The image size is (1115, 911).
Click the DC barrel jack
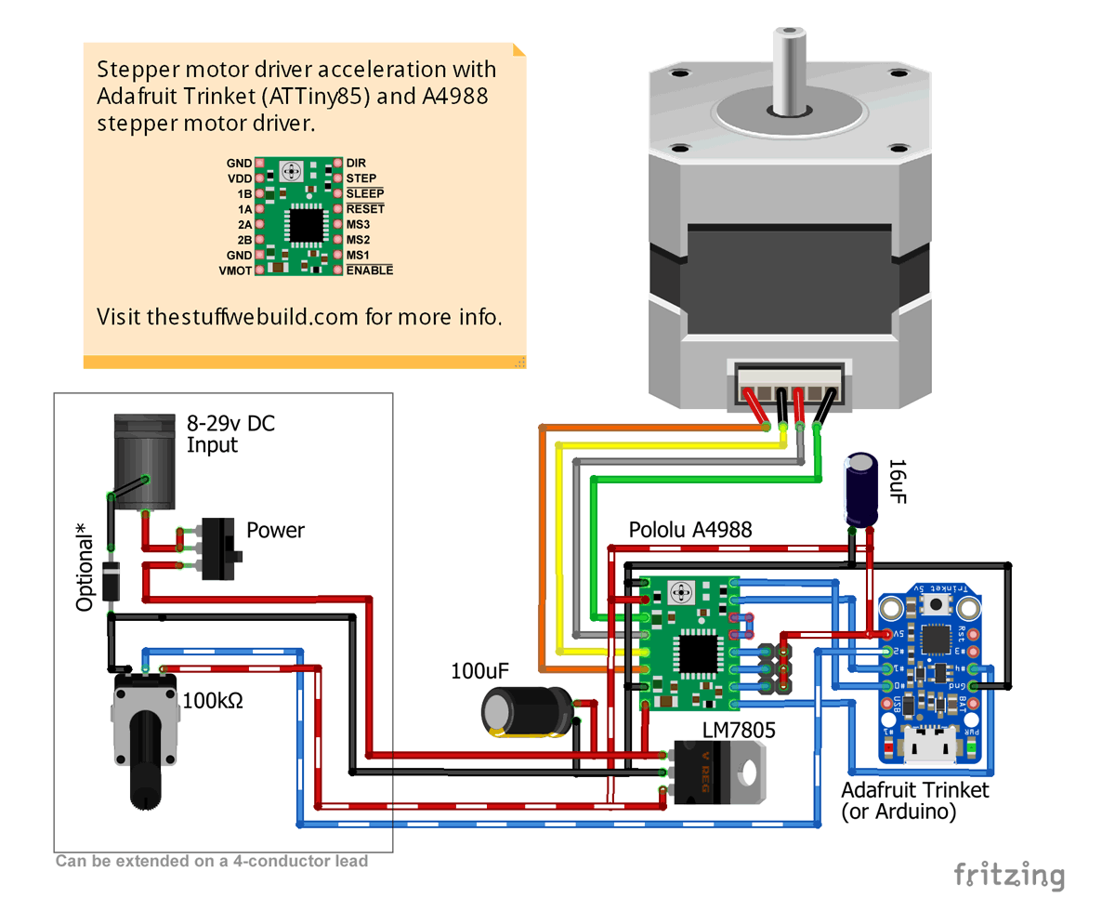click(x=144, y=462)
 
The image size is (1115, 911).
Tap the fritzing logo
click(x=1009, y=875)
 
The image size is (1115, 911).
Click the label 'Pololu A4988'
click(x=690, y=531)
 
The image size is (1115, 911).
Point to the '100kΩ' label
click(x=214, y=699)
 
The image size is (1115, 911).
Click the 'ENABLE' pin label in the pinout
click(x=370, y=271)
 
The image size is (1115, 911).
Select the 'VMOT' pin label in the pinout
click(x=235, y=271)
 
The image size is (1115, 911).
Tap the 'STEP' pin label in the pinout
click(x=361, y=178)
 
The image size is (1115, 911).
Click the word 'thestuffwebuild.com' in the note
click(x=253, y=316)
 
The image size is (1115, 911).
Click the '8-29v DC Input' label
click(x=230, y=434)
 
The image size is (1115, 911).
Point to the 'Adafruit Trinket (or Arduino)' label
click(x=914, y=800)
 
